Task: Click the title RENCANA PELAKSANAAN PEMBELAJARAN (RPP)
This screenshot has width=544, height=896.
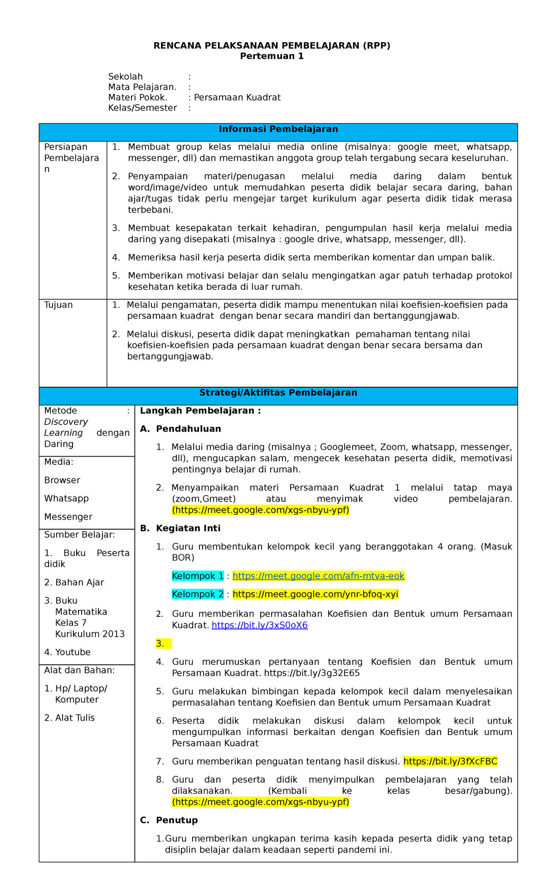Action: coord(272,45)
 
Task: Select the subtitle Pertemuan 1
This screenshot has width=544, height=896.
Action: coord(272,56)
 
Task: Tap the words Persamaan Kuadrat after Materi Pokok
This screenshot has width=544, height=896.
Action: coord(237,97)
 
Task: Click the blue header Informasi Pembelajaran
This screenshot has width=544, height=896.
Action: coord(278,129)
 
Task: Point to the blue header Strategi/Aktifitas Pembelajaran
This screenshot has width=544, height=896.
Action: coord(278,393)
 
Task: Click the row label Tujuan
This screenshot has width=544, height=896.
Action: coord(58,305)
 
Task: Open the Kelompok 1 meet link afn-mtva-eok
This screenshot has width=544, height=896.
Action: coord(318,576)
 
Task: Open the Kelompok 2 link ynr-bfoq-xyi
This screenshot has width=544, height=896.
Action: coord(315,594)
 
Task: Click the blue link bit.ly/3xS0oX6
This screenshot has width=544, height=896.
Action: coord(260,625)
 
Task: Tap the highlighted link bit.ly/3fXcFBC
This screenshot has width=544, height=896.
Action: coord(450,761)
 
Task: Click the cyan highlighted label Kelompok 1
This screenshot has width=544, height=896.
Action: coord(198,576)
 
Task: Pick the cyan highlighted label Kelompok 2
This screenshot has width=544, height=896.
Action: coord(198,594)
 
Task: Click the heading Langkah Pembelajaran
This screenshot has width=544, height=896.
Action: coord(200,411)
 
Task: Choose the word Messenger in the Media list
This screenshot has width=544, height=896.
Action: coord(68,516)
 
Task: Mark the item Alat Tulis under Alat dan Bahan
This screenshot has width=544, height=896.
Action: coord(75,718)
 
